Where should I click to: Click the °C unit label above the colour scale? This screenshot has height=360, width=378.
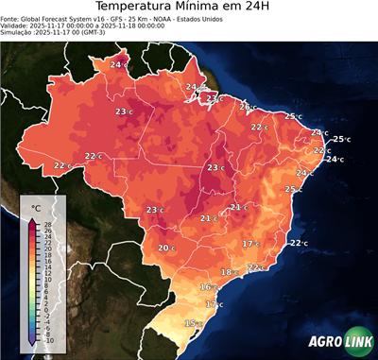tap(36, 207)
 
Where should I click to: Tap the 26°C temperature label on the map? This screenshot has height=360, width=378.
tap(246, 107)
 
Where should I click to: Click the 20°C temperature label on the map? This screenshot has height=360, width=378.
tap(165, 249)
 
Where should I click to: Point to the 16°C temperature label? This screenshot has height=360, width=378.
tap(207, 286)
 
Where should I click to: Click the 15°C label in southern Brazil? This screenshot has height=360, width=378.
tap(192, 323)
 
